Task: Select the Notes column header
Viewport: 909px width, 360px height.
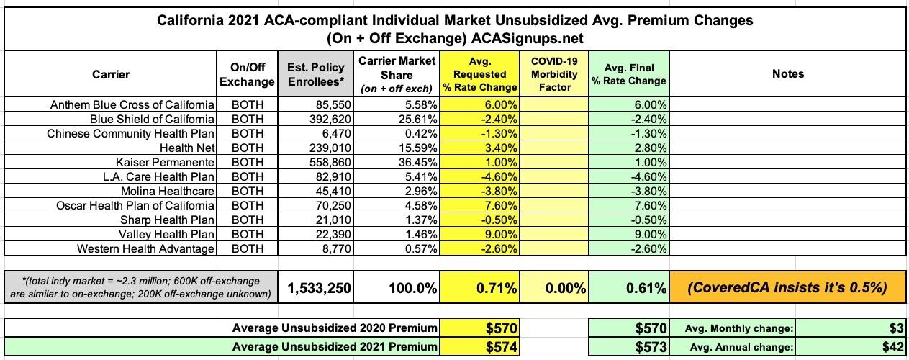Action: point(787,73)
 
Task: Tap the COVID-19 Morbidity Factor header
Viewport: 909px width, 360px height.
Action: point(554,74)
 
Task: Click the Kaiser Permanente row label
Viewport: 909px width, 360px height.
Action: point(165,162)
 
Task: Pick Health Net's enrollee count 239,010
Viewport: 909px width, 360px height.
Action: point(327,148)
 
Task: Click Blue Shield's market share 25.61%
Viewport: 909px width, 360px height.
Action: point(415,119)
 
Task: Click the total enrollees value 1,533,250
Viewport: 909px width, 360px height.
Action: point(319,288)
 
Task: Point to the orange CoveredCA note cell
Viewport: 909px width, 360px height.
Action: point(787,288)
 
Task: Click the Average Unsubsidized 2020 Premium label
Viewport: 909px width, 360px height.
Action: point(334,328)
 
